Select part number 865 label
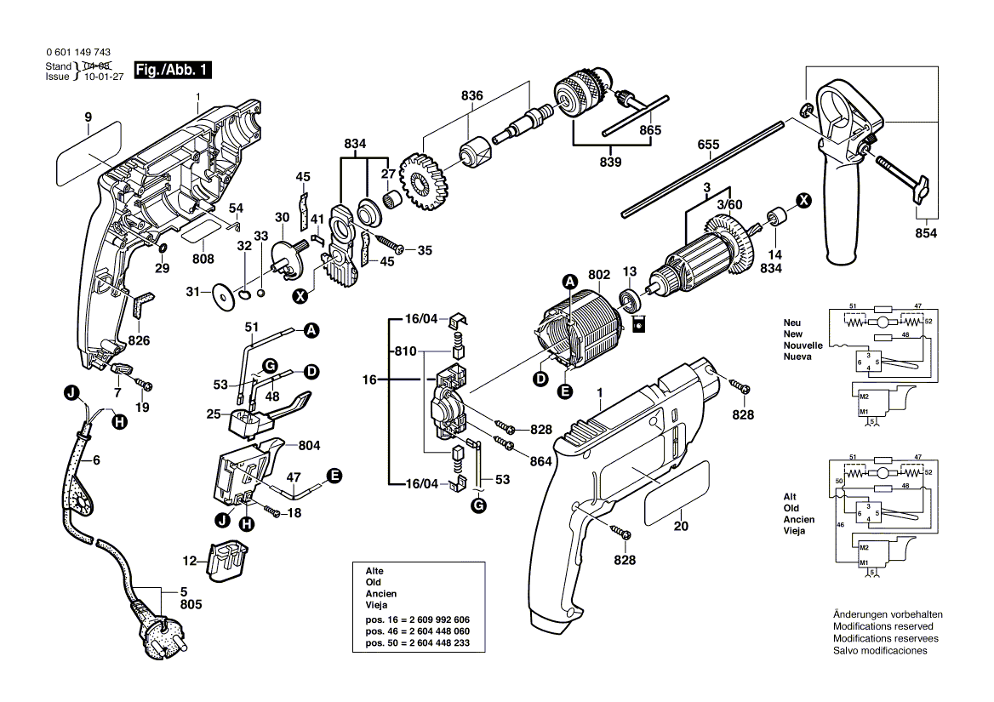pyautogui.click(x=650, y=130)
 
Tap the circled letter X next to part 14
pyautogui.click(x=802, y=200)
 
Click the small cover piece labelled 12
pyautogui.click(x=226, y=559)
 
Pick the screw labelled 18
pyautogui.click(x=273, y=511)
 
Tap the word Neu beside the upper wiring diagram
pyautogui.click(x=792, y=323)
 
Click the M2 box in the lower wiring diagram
pyautogui.click(x=865, y=547)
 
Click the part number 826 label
pyautogui.click(x=139, y=340)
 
